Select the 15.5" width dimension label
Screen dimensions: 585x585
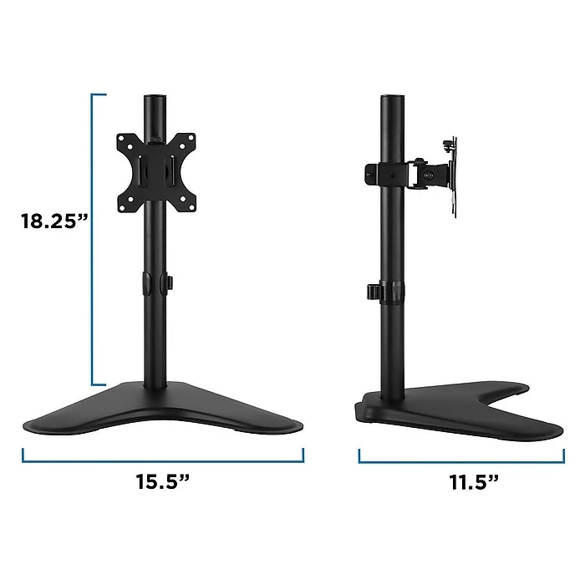tap(162, 482)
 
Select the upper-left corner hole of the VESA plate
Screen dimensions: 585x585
tap(127, 139)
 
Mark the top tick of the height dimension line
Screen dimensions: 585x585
tap(99, 94)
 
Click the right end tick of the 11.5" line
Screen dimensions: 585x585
tap(561, 455)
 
